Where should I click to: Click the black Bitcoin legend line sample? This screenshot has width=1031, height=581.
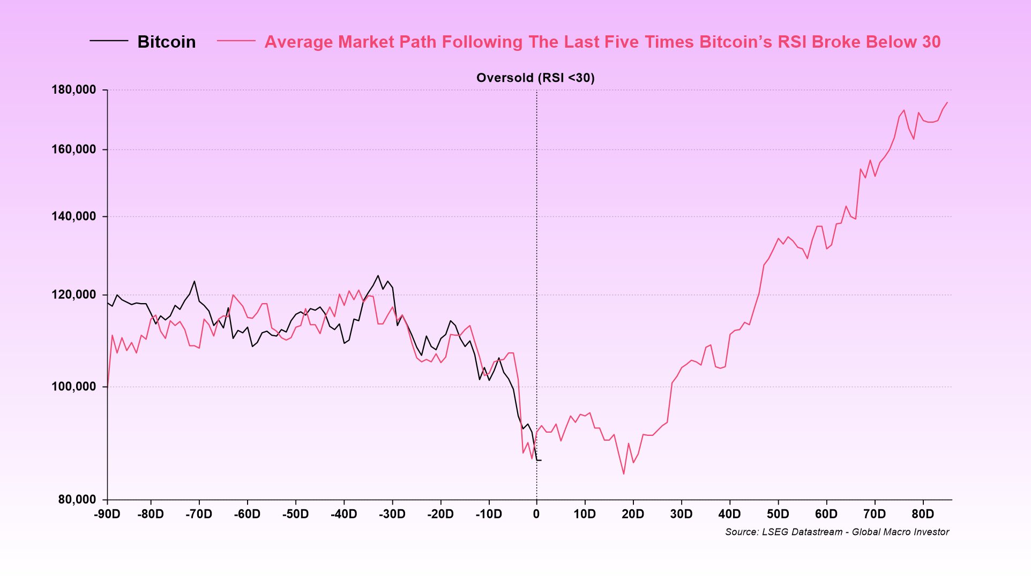109,41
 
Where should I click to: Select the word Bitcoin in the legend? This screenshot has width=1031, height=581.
167,42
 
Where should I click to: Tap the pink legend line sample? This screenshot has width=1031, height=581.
236,41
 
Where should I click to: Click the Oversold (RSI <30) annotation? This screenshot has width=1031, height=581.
535,78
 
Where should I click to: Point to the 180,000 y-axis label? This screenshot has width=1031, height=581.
74,90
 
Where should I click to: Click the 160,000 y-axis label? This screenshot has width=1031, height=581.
74,149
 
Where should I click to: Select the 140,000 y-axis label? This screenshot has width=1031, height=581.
74,216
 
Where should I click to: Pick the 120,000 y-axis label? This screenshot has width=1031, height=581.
74,295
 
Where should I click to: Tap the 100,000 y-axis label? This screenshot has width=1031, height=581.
74,387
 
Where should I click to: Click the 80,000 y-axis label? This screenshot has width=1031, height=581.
77,500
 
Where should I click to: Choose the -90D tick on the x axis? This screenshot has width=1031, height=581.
107,514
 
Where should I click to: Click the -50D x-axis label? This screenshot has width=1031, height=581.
295,514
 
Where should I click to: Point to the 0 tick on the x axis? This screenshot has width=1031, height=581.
536,514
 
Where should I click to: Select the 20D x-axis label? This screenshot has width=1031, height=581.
633,514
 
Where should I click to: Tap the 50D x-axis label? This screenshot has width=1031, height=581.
778,514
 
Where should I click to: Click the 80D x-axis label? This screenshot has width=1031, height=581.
923,514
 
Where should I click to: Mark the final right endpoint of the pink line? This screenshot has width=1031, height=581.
947,102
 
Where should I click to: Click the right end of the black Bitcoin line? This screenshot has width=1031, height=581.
541,461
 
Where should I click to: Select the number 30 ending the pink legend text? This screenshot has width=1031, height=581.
931,42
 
